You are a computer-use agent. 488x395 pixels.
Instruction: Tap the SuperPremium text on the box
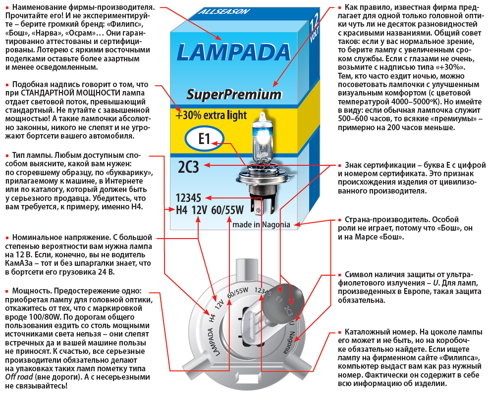tap(234, 94)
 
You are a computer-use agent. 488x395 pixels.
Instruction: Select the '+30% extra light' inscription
tap(211, 115)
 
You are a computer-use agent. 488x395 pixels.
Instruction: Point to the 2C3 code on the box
tap(188, 167)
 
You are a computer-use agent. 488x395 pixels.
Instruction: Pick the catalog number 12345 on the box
tap(191, 197)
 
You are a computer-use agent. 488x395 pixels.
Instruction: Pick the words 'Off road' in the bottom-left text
tap(15, 377)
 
